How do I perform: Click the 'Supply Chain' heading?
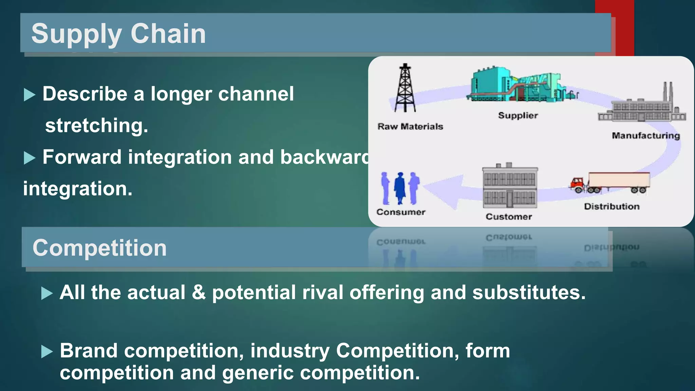(x=118, y=34)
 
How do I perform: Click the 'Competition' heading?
(x=99, y=248)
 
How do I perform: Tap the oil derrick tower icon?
(x=405, y=88)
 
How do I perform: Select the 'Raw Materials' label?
(x=410, y=127)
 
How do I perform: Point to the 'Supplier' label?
(x=518, y=115)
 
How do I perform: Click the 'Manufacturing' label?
(x=645, y=135)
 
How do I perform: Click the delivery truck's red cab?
(x=577, y=184)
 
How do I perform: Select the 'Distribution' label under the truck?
(x=612, y=206)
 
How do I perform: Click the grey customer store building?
(x=510, y=187)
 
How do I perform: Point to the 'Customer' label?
(x=509, y=217)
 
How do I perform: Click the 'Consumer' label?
(x=401, y=212)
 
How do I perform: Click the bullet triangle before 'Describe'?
(x=30, y=95)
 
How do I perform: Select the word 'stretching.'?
(x=97, y=126)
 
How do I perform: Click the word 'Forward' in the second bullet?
(x=82, y=157)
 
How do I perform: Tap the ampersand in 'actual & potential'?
(x=199, y=292)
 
